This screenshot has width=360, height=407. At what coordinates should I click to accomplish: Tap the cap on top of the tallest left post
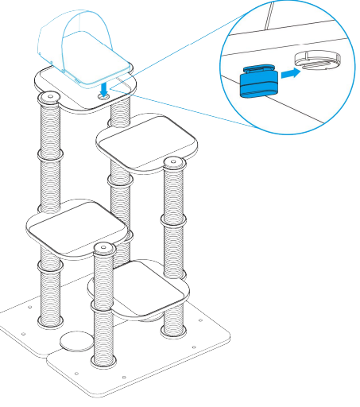(x=48, y=97)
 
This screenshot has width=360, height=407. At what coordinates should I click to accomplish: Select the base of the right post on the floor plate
(x=172, y=328)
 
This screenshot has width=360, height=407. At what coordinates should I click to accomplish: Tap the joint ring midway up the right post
(x=174, y=217)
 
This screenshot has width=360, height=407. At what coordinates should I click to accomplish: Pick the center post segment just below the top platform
(x=120, y=114)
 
